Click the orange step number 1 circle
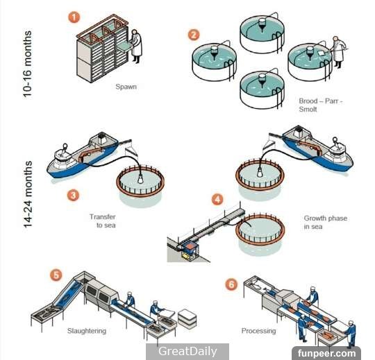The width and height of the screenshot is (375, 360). [x=74, y=17]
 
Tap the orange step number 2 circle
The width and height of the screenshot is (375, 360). [x=194, y=35]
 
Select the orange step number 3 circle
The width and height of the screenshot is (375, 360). [x=73, y=195]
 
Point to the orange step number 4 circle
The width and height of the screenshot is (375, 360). [x=217, y=200]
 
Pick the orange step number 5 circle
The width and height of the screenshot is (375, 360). [x=56, y=275]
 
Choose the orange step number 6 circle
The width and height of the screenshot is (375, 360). [x=231, y=284]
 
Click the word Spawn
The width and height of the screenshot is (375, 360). [x=126, y=87]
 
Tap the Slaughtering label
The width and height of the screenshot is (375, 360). [x=87, y=331]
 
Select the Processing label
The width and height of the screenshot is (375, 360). [x=258, y=331]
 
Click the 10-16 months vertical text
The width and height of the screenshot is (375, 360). [x=27, y=64]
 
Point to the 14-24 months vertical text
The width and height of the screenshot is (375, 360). [x=28, y=194]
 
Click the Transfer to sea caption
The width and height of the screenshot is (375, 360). [x=103, y=221]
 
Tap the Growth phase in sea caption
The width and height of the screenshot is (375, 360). [x=326, y=223]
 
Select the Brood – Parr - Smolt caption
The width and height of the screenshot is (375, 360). [x=321, y=105]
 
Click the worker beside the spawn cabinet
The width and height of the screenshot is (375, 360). [x=135, y=46]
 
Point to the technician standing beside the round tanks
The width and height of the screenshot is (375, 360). [x=338, y=52]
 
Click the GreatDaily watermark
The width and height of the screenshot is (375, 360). [x=187, y=352]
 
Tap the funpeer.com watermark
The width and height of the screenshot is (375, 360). [x=326, y=353]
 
